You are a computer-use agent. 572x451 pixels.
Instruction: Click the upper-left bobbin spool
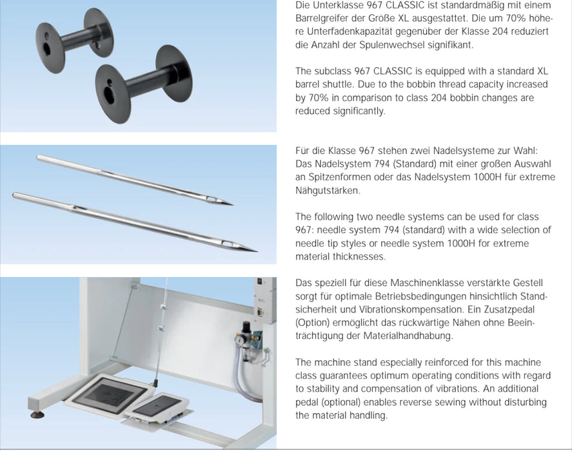[73, 39]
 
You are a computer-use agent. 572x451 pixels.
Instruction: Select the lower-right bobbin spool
[144, 84]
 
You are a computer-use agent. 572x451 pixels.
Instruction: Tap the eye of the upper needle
[212, 199]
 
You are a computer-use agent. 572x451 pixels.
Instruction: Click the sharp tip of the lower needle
[257, 251]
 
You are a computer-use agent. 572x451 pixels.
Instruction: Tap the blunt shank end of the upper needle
[38, 157]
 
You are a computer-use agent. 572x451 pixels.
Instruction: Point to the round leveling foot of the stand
[37, 414]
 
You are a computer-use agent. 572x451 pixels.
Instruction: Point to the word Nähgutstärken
[328, 190]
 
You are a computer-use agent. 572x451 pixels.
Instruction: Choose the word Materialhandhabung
[408, 336]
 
